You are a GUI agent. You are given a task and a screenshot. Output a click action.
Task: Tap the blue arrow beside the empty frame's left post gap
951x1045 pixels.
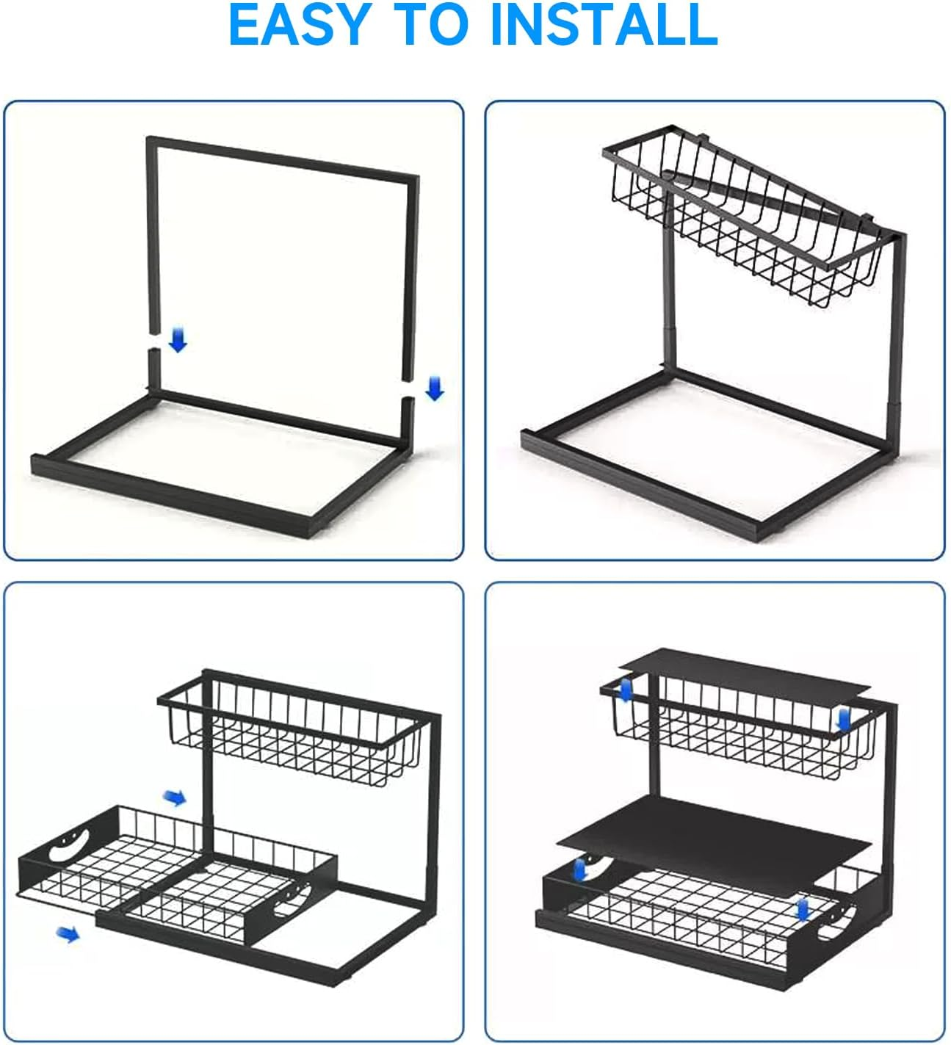point(178,339)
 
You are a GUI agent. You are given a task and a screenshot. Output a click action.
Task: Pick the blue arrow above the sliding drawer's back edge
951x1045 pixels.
point(174,798)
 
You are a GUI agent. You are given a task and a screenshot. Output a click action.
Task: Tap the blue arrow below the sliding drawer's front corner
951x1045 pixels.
point(68,934)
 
